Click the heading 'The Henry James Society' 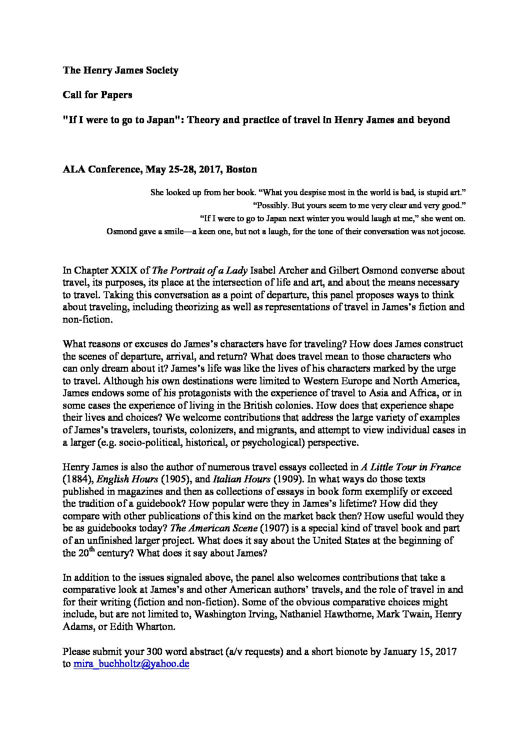120,71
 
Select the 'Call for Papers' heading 97,95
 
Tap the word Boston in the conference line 241,169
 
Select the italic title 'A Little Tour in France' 411,467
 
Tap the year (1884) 77,479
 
